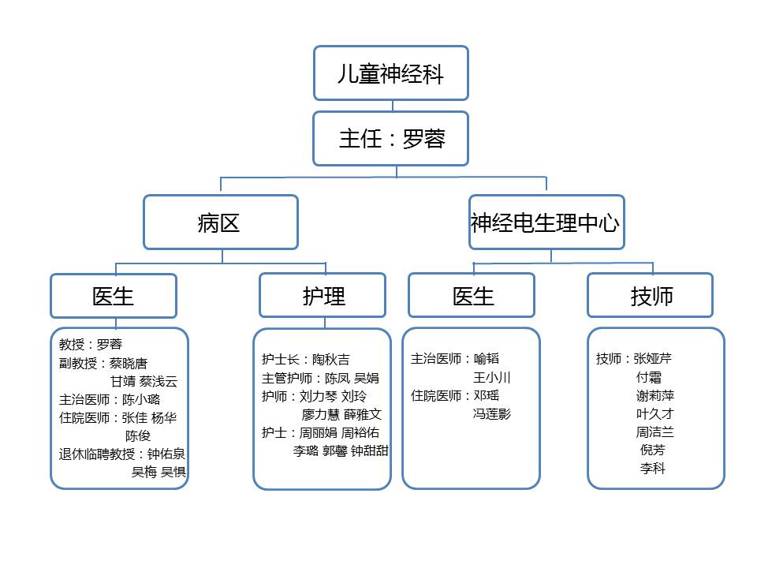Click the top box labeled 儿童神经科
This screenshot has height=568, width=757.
coord(391,73)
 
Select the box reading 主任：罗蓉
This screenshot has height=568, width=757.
coord(391,139)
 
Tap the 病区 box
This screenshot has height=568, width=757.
coord(221,222)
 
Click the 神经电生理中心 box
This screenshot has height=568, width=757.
coord(546,222)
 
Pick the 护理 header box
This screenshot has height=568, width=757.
coord(323,296)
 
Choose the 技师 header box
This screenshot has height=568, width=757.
coord(651,296)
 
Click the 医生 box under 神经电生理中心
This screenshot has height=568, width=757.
coord(472,296)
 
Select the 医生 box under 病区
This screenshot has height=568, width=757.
coord(114,296)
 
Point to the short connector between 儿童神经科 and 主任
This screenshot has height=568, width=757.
coord(393,106)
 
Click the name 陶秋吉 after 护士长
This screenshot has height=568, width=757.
coord(330,360)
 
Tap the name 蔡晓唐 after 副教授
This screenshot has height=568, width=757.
coord(128,363)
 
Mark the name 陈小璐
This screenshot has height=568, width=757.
coord(141,399)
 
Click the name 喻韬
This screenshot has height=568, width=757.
coord(487,358)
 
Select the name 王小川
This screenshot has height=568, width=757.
coord(491,377)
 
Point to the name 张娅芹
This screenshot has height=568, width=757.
coord(652,358)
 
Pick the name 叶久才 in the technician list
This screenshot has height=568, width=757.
coord(654,414)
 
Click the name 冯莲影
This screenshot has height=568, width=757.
coord(491,414)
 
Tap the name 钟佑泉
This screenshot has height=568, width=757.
coord(166,454)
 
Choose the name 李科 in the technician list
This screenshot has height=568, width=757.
coord(653,468)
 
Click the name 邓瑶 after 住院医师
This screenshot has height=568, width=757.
coord(487,395)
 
